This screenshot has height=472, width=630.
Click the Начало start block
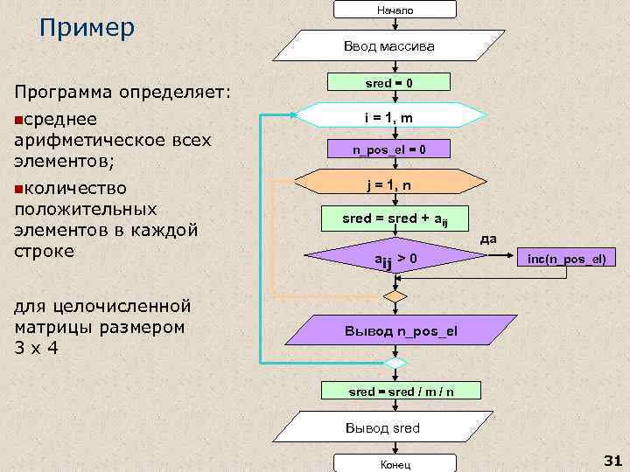[x=395, y=10]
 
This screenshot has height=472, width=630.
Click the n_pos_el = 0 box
[x=389, y=149]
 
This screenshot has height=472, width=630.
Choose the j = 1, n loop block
[x=389, y=184]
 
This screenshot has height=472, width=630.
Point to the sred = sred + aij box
[x=395, y=218]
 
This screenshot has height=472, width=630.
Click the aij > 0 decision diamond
[x=395, y=258]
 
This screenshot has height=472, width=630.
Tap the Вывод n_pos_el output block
[x=400, y=331]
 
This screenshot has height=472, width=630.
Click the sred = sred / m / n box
[x=401, y=392]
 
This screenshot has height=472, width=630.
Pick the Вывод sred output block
[x=382, y=427]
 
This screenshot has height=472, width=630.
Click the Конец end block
[x=395, y=464]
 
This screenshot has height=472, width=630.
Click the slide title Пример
[x=87, y=28]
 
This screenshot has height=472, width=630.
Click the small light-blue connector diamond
[x=395, y=362]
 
